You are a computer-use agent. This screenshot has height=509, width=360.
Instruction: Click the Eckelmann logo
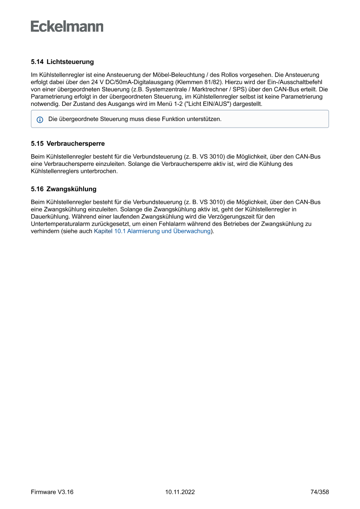(x=67, y=26)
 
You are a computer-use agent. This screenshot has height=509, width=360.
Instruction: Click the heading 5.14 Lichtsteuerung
(x=62, y=62)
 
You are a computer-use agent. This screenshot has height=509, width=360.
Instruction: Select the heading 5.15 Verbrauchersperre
(x=67, y=143)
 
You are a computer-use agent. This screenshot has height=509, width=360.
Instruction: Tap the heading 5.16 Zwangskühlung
(x=64, y=189)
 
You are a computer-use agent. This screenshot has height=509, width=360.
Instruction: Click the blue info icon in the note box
(x=40, y=119)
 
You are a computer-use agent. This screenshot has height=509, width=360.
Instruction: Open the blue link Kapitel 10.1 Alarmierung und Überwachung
(x=152, y=231)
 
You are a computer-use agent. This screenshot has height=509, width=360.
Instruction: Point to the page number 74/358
(x=320, y=492)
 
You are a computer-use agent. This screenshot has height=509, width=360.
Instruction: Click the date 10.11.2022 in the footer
(x=180, y=492)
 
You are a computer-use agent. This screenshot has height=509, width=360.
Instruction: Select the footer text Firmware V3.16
(x=52, y=492)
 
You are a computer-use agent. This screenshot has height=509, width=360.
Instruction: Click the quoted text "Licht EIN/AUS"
(x=205, y=104)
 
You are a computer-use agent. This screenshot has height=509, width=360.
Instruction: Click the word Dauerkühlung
(x=50, y=216)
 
